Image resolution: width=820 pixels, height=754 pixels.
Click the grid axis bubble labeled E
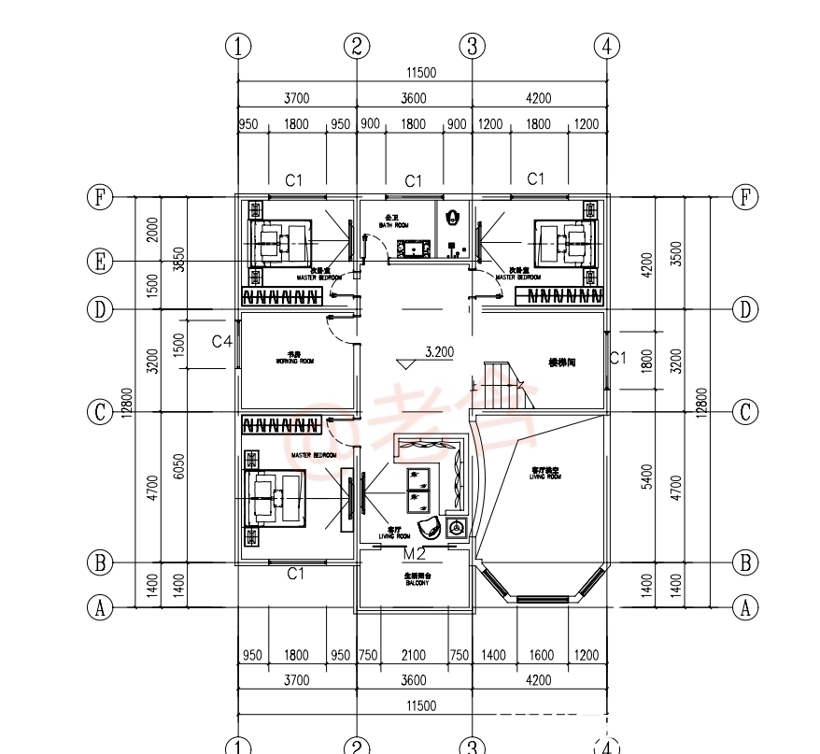99,262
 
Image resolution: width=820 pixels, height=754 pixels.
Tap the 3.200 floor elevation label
439,352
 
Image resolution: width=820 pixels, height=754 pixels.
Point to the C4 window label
221,342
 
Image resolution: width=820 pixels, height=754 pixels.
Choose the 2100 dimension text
413,655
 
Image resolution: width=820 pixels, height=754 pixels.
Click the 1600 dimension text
541,655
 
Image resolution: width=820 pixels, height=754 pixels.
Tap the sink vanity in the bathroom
412,249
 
